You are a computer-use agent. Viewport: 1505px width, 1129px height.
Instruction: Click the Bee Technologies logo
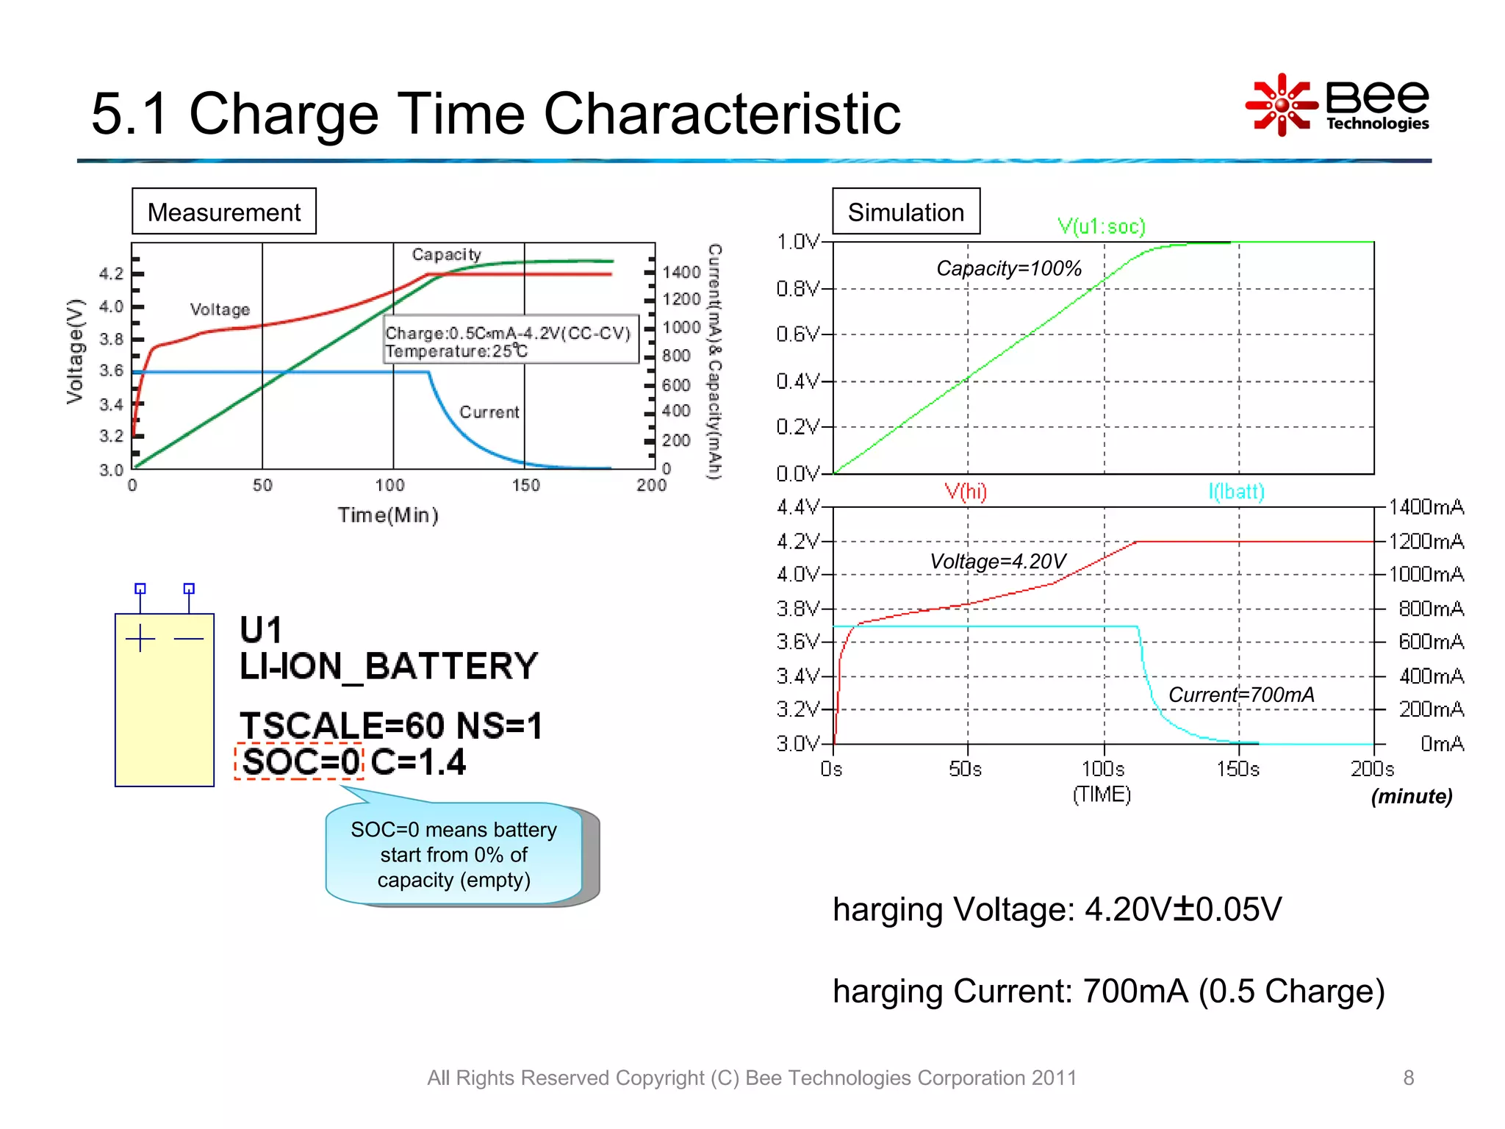1337,104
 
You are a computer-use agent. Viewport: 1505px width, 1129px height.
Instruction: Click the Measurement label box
223,212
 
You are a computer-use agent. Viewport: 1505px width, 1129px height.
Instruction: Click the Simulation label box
905,212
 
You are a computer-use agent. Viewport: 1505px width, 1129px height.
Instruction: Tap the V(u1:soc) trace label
1101,226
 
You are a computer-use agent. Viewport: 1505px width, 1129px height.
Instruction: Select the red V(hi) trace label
965,491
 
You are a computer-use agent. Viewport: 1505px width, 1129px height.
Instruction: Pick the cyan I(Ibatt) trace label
1236,491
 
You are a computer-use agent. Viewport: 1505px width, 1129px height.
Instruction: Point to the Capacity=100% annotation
1008,268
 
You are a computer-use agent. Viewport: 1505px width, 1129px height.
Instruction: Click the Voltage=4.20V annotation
997,562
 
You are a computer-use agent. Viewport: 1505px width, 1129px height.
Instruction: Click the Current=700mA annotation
1240,695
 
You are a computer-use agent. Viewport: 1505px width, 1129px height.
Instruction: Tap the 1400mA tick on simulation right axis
1426,507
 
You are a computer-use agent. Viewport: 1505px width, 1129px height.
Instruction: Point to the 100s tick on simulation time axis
1102,769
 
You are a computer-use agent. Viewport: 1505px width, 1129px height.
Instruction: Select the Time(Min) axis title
388,515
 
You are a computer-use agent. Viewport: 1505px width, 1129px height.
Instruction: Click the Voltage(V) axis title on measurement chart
75,351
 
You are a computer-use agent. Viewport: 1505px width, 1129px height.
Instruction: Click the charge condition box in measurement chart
510,341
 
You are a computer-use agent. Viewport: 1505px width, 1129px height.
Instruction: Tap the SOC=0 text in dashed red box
300,761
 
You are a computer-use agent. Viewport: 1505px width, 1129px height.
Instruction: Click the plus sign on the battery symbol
140,638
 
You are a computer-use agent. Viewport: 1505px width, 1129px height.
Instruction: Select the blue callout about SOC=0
454,854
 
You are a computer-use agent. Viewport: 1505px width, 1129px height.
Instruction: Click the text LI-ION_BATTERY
388,666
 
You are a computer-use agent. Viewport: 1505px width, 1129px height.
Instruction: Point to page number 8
1408,1078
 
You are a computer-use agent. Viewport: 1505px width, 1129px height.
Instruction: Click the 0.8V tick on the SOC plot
797,289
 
